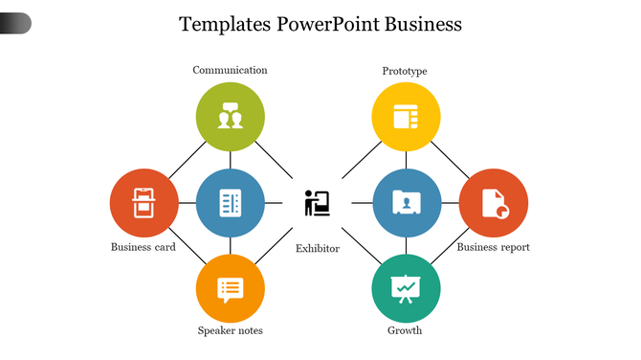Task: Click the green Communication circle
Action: click(230, 117)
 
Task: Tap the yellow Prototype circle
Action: click(406, 117)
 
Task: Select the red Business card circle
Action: click(144, 202)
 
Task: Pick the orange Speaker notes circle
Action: click(230, 288)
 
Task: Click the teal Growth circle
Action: click(406, 288)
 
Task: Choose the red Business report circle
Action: click(493, 202)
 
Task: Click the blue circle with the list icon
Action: click(230, 202)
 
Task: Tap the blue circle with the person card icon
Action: click(406, 202)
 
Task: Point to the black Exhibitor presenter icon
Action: click(317, 203)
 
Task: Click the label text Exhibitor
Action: click(317, 249)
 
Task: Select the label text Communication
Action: click(230, 70)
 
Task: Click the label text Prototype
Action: click(405, 71)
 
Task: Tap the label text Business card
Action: click(144, 247)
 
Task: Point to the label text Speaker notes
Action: click(230, 331)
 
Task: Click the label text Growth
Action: click(405, 331)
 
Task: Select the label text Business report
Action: click(493, 247)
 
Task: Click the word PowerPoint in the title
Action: click(328, 24)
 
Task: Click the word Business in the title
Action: click(423, 24)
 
